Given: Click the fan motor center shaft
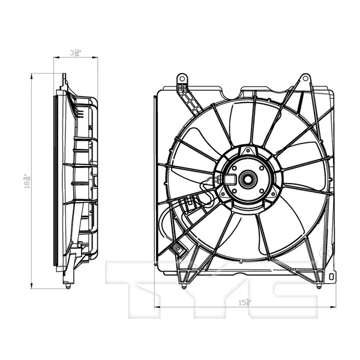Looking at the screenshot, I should (x=246, y=178).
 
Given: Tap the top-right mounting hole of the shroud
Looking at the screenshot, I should (x=305, y=78).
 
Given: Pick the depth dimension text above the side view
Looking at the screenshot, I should (x=76, y=53).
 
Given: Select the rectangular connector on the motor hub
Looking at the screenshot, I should (x=230, y=178).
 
